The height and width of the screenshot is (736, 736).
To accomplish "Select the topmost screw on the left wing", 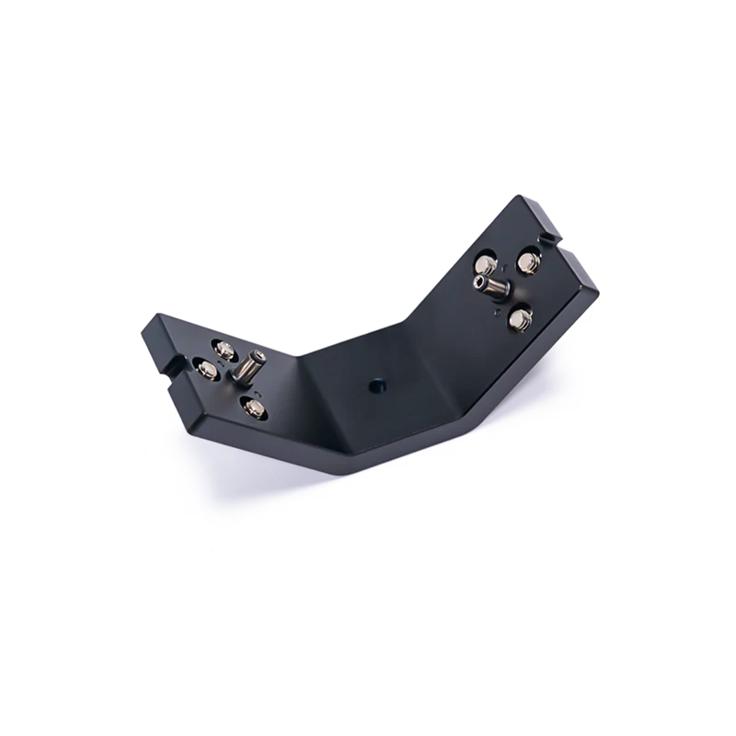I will tap(224, 349).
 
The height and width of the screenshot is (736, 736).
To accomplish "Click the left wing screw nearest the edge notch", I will tap(207, 370).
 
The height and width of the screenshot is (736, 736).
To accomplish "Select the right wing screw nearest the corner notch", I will tap(528, 265).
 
